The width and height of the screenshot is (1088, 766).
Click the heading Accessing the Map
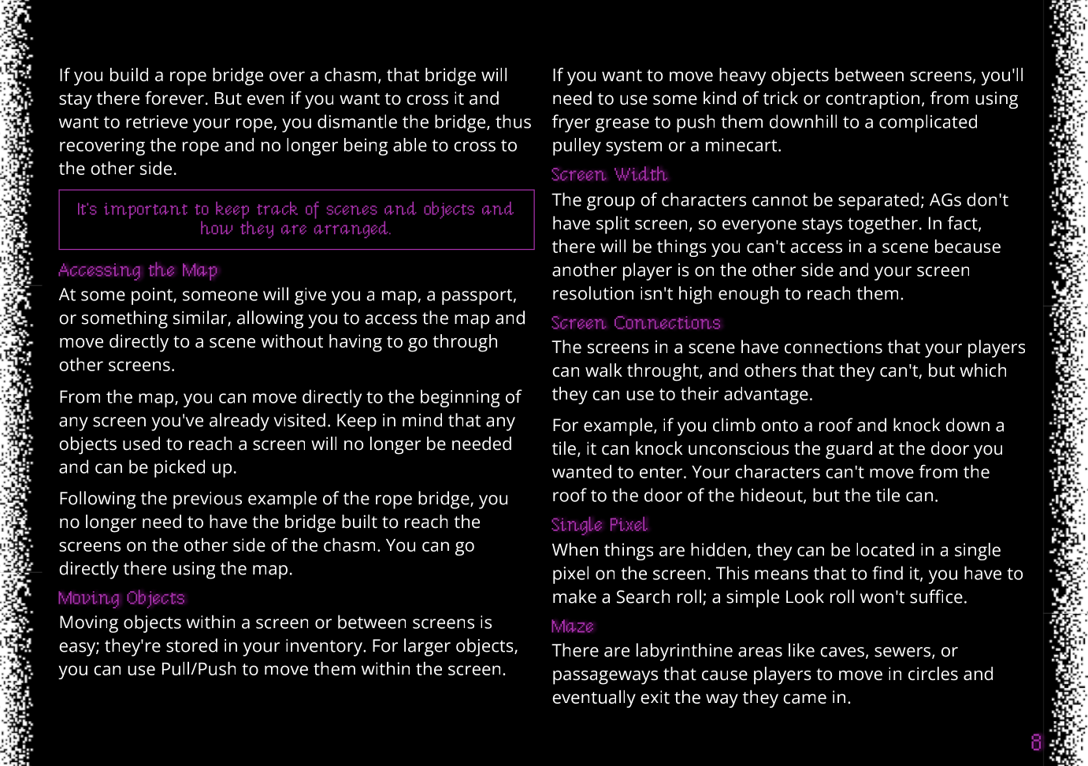[138, 270]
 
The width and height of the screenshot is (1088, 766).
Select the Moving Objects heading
[121, 598]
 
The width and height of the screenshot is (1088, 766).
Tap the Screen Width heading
[609, 174]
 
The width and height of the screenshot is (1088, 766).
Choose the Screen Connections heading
[636, 322]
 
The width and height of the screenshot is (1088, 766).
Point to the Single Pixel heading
[600, 525]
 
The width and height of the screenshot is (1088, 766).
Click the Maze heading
[573, 627]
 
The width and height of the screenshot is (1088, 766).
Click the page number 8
[1036, 742]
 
